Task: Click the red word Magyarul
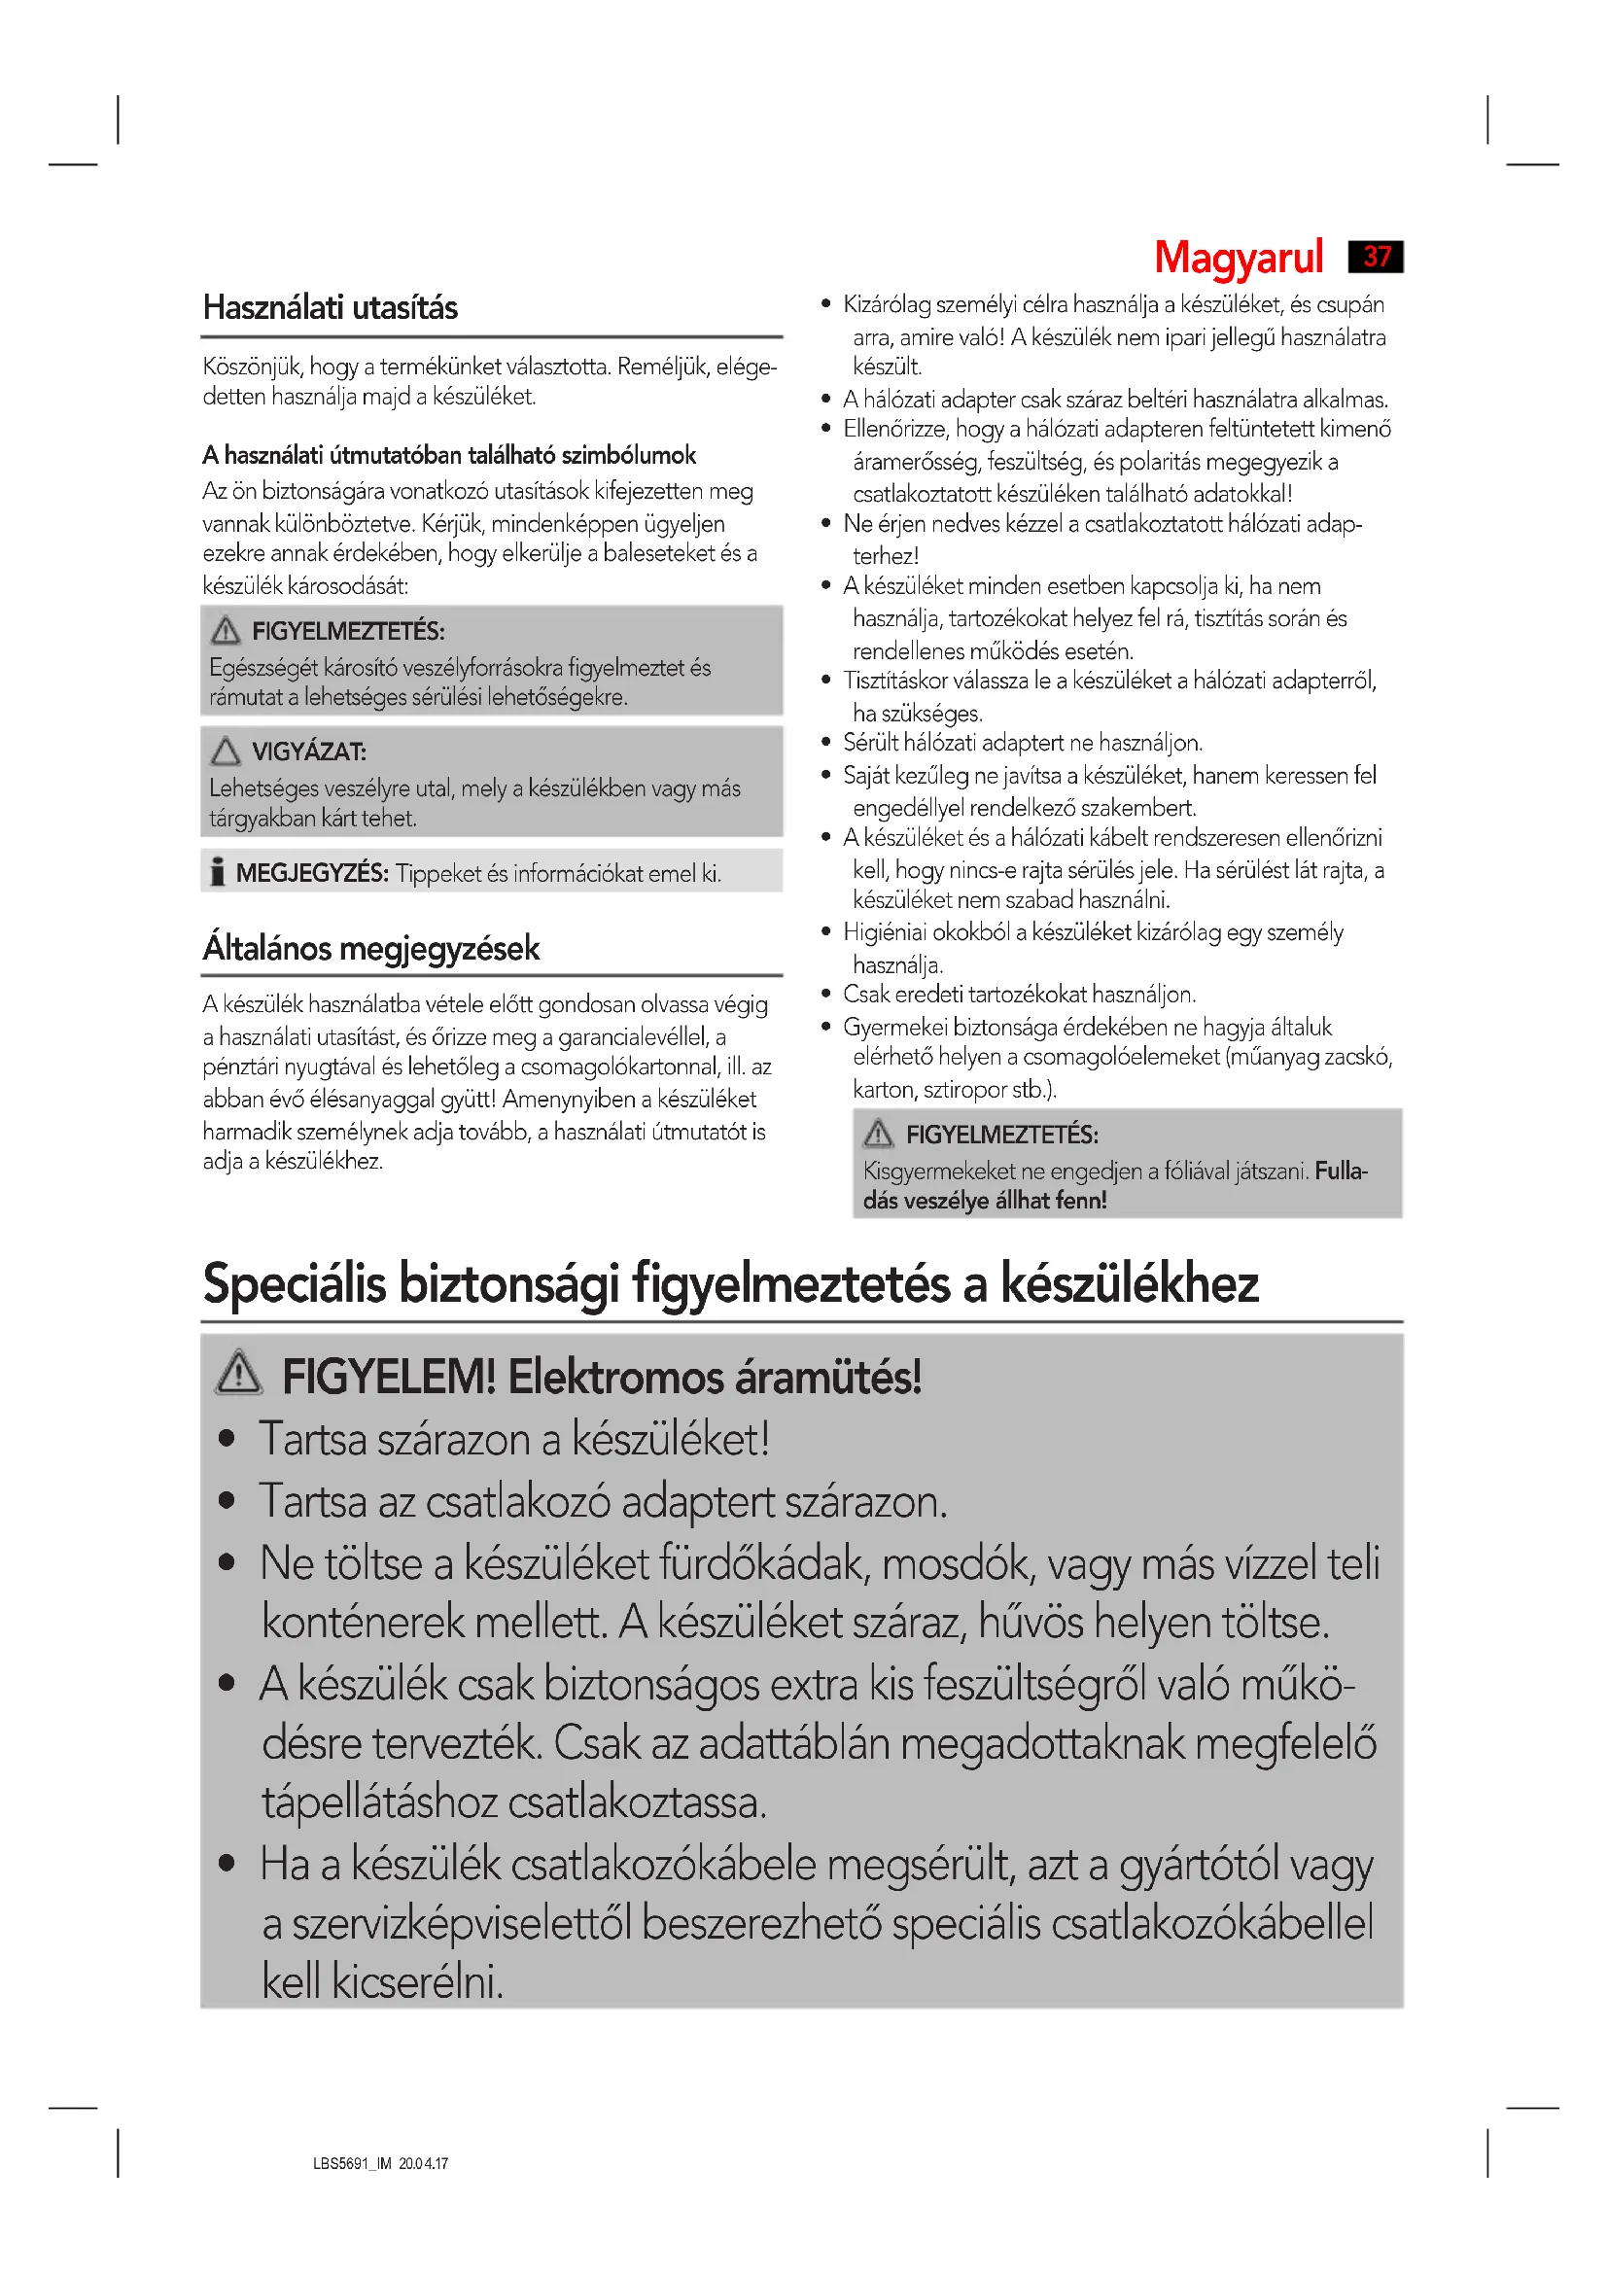tap(1238, 258)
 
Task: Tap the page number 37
tap(1377, 257)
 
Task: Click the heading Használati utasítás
tap(330, 308)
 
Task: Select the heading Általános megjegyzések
tap(370, 948)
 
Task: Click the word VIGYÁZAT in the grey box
tap(308, 752)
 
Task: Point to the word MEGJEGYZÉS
tap(311, 872)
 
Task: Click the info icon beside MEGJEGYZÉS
tap(217, 871)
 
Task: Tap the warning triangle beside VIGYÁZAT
tap(226, 751)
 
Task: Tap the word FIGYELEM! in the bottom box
tap(388, 1377)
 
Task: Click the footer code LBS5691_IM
tap(353, 2164)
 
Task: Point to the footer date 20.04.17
tap(424, 2164)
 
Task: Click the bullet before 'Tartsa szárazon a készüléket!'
tap(227, 1439)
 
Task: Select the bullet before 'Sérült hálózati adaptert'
tap(825, 742)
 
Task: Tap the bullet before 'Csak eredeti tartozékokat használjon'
tap(825, 995)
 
